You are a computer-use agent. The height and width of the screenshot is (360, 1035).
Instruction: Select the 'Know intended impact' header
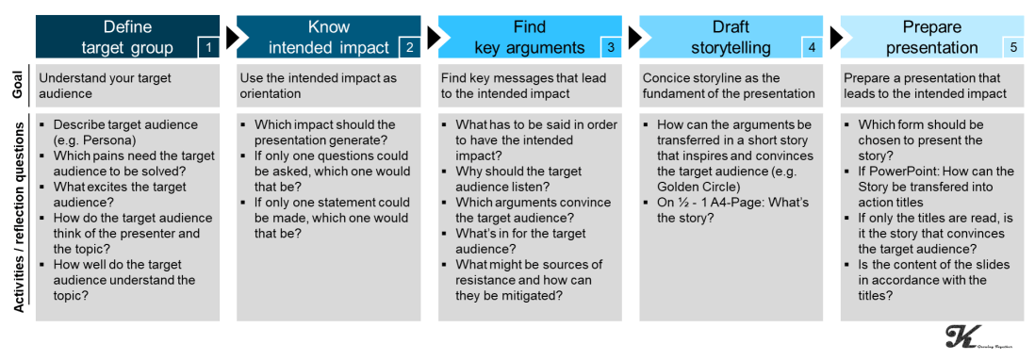(x=329, y=37)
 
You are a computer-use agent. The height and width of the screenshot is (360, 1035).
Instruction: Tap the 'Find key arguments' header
(x=530, y=37)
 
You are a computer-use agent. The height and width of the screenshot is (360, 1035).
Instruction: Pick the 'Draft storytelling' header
(x=731, y=37)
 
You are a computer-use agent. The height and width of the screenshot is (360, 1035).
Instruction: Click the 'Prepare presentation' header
(x=932, y=37)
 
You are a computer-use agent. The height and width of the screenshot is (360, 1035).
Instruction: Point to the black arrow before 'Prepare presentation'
(x=834, y=37)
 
